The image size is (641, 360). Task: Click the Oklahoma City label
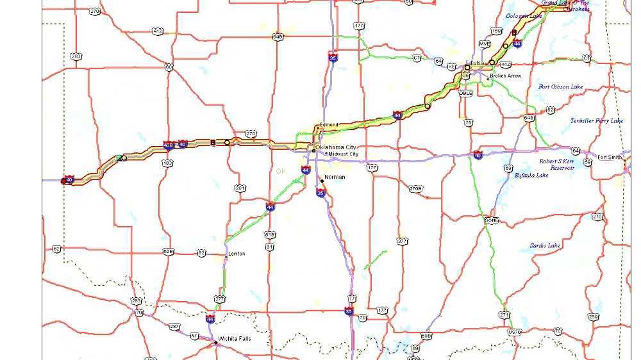335,147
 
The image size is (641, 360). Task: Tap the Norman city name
335,177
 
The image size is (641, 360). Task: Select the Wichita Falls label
235,339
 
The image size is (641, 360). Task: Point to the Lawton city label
237,254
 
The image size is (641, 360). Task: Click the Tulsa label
476,63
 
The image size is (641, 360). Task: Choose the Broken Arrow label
506,76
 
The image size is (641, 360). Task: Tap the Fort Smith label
609,157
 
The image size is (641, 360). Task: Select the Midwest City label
343,154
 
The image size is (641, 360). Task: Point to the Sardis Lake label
545,245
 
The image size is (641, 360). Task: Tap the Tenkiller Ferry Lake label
596,120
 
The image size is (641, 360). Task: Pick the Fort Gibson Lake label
561,86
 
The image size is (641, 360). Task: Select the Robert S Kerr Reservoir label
556,164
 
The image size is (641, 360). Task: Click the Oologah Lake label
524,15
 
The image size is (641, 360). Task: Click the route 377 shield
402,241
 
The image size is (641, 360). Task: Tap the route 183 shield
167,163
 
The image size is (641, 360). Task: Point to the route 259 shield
593,317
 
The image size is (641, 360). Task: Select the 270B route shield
416,188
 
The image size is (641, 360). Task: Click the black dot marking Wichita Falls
216,343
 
